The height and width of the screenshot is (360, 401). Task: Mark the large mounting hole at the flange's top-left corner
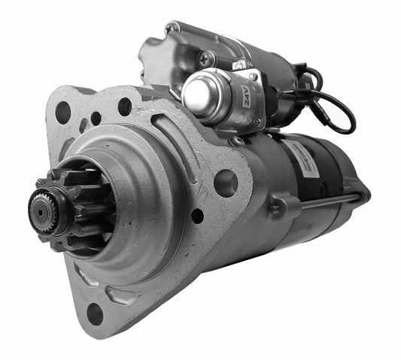pyautogui.click(x=63, y=111)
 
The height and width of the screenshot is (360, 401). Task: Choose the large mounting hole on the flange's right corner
pyautogui.click(x=225, y=181)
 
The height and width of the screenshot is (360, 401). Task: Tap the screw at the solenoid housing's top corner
pyautogui.click(x=172, y=29)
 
